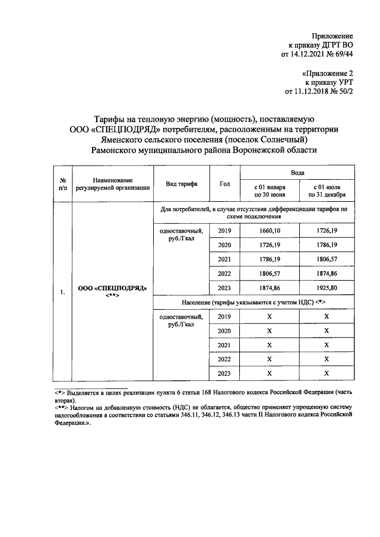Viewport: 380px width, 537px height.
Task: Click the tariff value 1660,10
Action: coord(269,230)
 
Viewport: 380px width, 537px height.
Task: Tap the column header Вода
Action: coord(297,173)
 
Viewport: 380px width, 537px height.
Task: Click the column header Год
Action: coord(224,183)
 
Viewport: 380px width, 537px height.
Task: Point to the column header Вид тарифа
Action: coord(182,184)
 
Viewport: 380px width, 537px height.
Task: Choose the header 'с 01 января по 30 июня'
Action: coord(270,190)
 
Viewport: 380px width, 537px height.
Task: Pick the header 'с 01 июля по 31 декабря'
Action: coord(327,190)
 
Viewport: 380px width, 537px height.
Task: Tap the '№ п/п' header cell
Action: coord(62,184)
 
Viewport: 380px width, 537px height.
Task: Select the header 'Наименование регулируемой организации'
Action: coord(113,184)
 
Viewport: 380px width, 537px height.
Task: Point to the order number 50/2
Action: coord(344,92)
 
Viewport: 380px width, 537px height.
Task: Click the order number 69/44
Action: coord(343,54)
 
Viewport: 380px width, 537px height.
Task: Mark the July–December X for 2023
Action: coord(327,373)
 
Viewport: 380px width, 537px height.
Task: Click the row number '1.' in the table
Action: coord(62,292)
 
